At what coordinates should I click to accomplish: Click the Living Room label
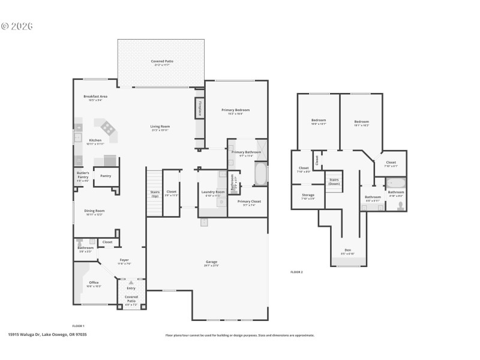[x=160, y=126]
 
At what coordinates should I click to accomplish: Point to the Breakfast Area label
[x=95, y=97]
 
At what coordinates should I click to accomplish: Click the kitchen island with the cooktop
[x=108, y=127]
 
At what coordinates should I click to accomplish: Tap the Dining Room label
[x=94, y=211]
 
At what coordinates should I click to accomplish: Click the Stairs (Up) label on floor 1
[x=155, y=193]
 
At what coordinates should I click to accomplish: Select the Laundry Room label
[x=212, y=192]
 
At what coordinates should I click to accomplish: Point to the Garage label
[x=211, y=262]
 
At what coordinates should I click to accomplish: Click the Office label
[x=94, y=283]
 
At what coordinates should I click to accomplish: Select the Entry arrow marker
[x=131, y=282]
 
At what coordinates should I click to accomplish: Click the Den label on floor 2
[x=347, y=250]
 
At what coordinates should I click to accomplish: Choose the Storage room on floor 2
[x=308, y=195]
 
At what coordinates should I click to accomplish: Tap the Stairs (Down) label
[x=334, y=181]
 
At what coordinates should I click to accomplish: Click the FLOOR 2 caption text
[x=296, y=272]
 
